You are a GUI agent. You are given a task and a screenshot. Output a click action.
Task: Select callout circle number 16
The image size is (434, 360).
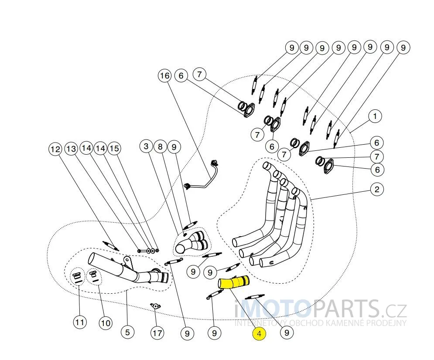pyautogui.click(x=164, y=76)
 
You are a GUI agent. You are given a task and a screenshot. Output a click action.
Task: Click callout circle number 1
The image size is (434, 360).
pyautogui.click(x=375, y=116)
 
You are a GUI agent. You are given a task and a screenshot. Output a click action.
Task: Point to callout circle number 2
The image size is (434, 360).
pyautogui.click(x=376, y=189)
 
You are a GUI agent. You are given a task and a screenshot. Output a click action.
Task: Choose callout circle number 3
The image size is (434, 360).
pyautogui.click(x=147, y=147)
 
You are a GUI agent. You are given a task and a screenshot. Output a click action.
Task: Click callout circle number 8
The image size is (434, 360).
pyautogui.click(x=161, y=147)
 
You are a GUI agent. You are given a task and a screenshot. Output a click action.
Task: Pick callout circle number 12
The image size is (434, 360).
pyautogui.click(x=55, y=149)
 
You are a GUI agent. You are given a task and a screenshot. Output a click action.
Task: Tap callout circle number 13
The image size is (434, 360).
pyautogui.click(x=71, y=149)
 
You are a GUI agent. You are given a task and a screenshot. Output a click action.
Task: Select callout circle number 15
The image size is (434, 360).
pyautogui.click(x=114, y=149)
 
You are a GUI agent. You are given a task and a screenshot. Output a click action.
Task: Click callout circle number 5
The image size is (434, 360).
pyautogui.click(x=127, y=332)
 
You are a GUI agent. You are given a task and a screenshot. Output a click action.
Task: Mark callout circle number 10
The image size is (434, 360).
pyautogui.click(x=105, y=323)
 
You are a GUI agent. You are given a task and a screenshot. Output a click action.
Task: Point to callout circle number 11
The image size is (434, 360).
pyautogui.click(x=79, y=323)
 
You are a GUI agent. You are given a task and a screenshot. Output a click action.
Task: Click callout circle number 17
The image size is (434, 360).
pyautogui.click(x=157, y=333)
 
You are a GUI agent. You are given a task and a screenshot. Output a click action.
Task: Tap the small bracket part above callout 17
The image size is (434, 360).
pyautogui.click(x=155, y=307)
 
